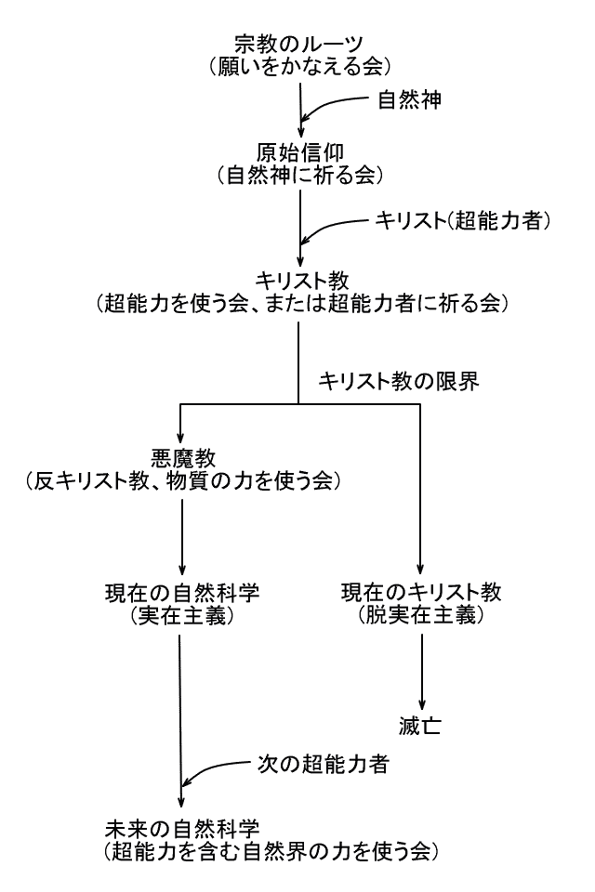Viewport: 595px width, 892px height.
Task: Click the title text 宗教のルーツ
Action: tap(299, 43)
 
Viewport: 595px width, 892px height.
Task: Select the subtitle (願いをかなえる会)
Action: tap(299, 65)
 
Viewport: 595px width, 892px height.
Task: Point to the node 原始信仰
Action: tap(299, 152)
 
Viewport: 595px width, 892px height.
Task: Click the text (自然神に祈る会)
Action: tap(299, 174)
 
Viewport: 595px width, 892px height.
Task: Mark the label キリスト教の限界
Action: tap(398, 381)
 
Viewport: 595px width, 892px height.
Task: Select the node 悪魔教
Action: tap(182, 459)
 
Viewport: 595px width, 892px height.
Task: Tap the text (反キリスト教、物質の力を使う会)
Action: tap(182, 481)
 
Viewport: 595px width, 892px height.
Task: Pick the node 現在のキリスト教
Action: tap(423, 594)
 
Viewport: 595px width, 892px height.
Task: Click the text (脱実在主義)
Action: tap(423, 616)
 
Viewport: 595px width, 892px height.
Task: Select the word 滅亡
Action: tap(422, 725)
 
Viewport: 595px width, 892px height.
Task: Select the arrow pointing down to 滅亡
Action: tap(423, 669)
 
